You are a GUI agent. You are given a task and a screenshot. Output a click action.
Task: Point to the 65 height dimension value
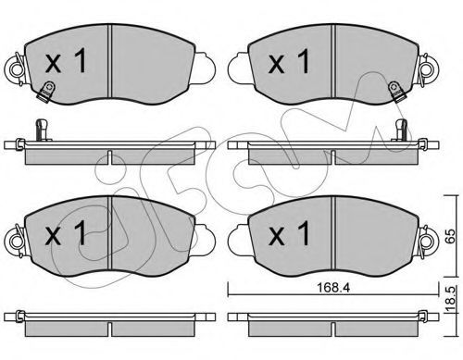coord(451,236)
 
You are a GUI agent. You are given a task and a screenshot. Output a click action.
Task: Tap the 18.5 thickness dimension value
coord(451,300)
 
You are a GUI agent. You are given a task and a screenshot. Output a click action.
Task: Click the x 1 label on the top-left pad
coord(66,62)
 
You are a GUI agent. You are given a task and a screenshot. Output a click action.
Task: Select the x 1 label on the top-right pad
coord(289,62)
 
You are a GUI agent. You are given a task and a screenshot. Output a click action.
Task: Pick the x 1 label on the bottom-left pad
coord(66,233)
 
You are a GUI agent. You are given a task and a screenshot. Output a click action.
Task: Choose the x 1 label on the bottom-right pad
coord(289,233)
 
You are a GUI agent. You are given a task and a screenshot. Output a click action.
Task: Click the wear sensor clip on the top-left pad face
coord(46,92)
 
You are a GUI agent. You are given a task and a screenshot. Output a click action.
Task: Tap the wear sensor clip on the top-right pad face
coord(396,92)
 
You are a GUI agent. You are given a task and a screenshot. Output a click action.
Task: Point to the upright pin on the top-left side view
coord(42,130)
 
